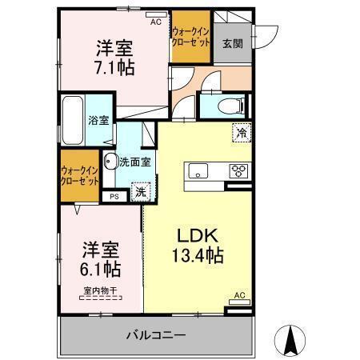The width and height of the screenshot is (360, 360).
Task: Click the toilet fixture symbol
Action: click(x=231, y=106)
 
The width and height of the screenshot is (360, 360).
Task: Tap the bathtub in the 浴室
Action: click(x=73, y=121)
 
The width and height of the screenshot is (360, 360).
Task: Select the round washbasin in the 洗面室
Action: click(x=110, y=162)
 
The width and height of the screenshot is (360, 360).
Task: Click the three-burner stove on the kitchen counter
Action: click(x=238, y=171)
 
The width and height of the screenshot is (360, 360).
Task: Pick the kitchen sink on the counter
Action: click(x=198, y=170)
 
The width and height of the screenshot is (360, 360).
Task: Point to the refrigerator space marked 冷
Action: click(x=242, y=133)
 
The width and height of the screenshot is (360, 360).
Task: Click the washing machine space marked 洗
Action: click(x=141, y=192)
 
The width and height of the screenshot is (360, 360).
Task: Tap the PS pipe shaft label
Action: click(x=114, y=197)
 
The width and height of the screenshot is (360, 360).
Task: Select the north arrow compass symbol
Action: click(x=290, y=341)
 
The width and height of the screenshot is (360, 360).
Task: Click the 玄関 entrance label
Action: click(x=233, y=44)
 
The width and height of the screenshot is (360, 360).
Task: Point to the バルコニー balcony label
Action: click(x=156, y=335)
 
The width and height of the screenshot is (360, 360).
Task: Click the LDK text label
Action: click(x=198, y=236)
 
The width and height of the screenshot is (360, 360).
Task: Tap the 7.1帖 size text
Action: click(x=114, y=68)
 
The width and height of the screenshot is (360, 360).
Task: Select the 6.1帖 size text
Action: click(x=100, y=270)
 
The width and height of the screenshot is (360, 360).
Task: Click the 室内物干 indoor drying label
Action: click(x=100, y=290)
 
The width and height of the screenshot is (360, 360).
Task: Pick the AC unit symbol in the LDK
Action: click(x=240, y=302)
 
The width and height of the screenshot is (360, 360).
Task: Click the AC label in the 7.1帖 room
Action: click(x=156, y=22)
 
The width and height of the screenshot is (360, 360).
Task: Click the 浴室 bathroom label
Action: click(x=98, y=121)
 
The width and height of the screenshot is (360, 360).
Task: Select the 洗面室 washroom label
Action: click(x=135, y=162)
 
